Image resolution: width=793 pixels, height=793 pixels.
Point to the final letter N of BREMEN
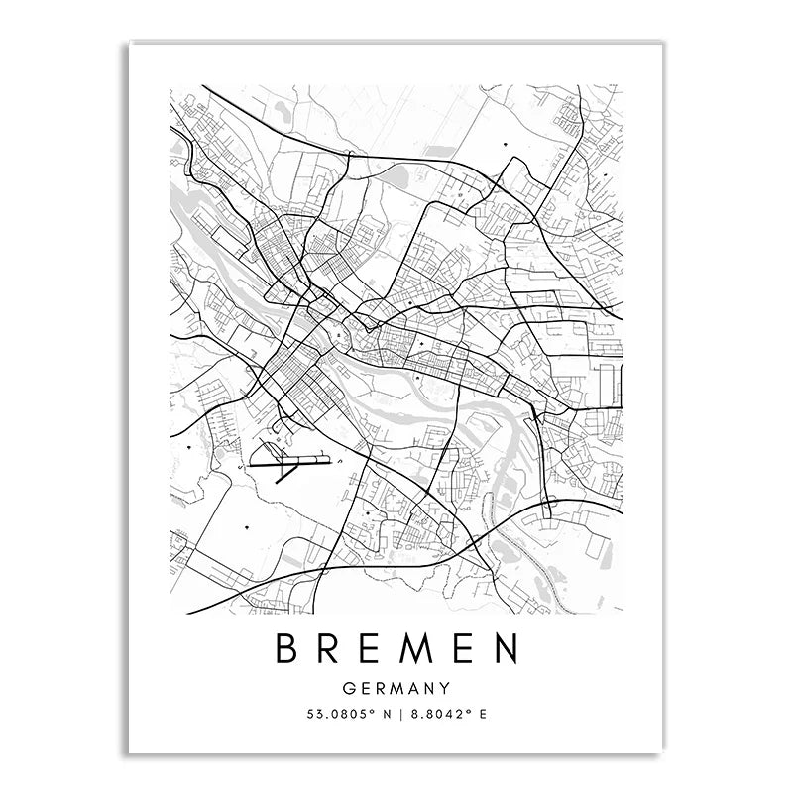[x=505, y=651]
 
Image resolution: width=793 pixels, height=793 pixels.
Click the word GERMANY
[x=396, y=687]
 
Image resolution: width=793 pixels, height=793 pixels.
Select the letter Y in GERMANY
[x=444, y=687]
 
